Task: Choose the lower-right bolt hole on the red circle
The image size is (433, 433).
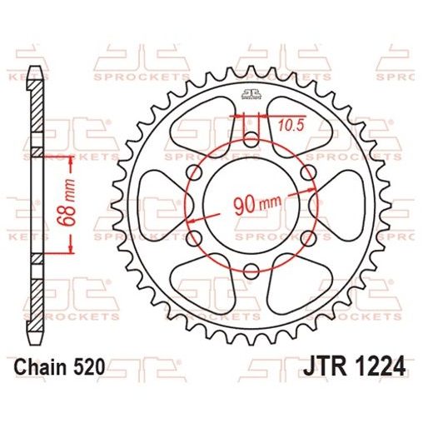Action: (x=307, y=238)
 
